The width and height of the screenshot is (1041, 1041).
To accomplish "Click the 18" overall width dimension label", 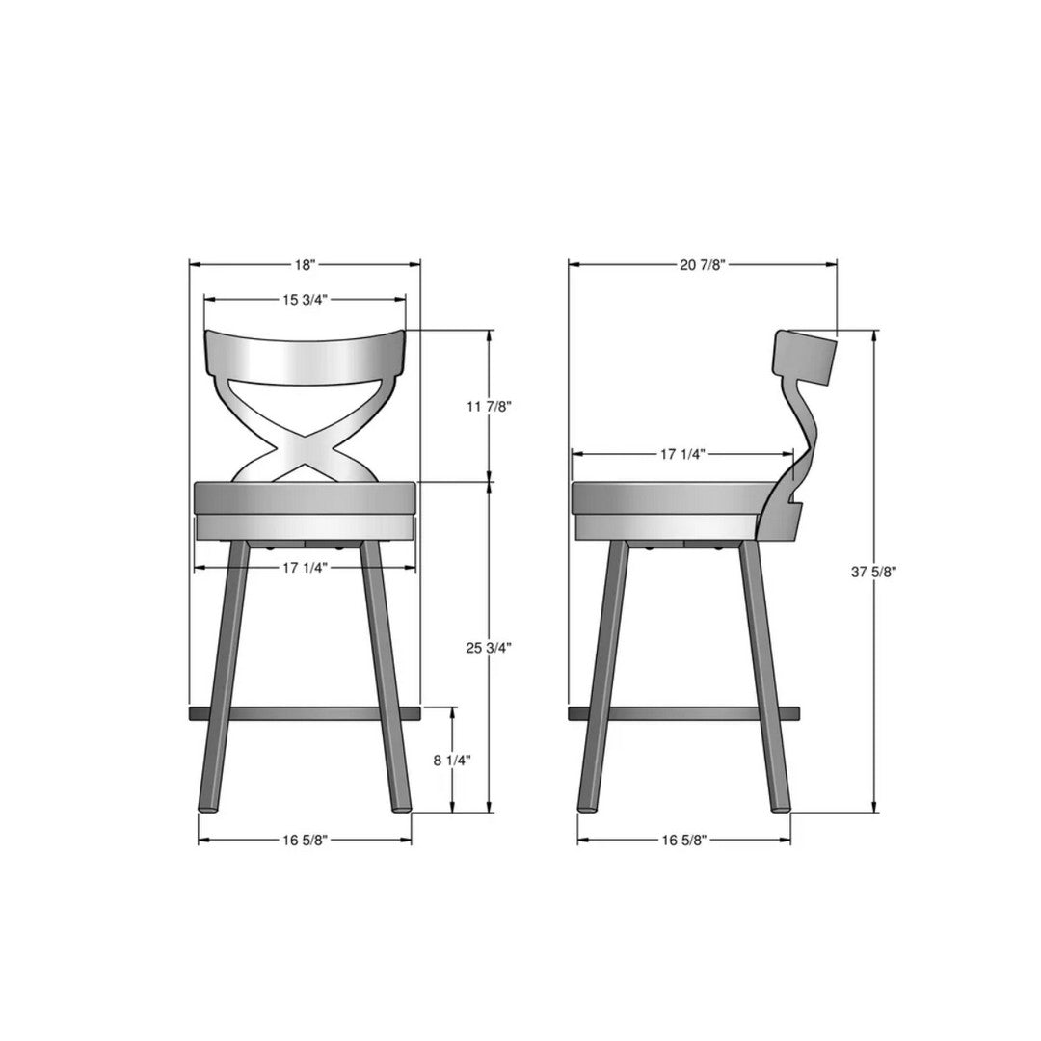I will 305,264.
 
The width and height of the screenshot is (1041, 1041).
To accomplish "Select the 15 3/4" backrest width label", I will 306,300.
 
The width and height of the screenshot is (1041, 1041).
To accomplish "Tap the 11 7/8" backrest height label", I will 489,406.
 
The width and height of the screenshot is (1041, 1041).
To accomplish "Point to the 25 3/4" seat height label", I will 489,647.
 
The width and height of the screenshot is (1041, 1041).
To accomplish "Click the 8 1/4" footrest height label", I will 451,760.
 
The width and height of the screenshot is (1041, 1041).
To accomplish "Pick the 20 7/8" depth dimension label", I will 702,264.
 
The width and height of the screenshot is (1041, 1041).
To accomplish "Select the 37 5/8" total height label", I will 874,572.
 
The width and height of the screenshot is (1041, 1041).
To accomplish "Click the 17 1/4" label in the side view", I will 683,453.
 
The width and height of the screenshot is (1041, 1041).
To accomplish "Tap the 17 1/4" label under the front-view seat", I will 306,567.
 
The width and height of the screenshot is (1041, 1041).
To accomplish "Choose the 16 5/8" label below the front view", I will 306,840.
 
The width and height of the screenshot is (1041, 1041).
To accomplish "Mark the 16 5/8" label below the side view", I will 685,840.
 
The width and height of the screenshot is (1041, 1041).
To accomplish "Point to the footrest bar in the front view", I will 305,712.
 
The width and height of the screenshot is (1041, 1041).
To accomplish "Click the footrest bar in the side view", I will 684,712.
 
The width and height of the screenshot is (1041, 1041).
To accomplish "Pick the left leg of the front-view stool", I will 225,675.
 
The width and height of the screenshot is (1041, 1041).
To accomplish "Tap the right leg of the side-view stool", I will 764,675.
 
